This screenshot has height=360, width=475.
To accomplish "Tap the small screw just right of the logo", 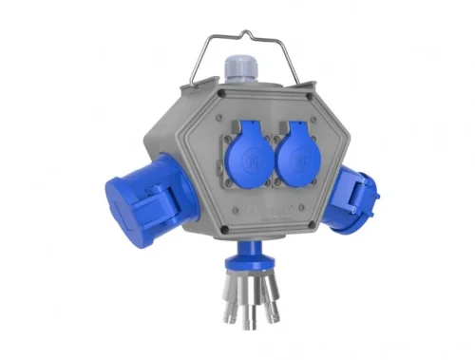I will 294,215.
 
